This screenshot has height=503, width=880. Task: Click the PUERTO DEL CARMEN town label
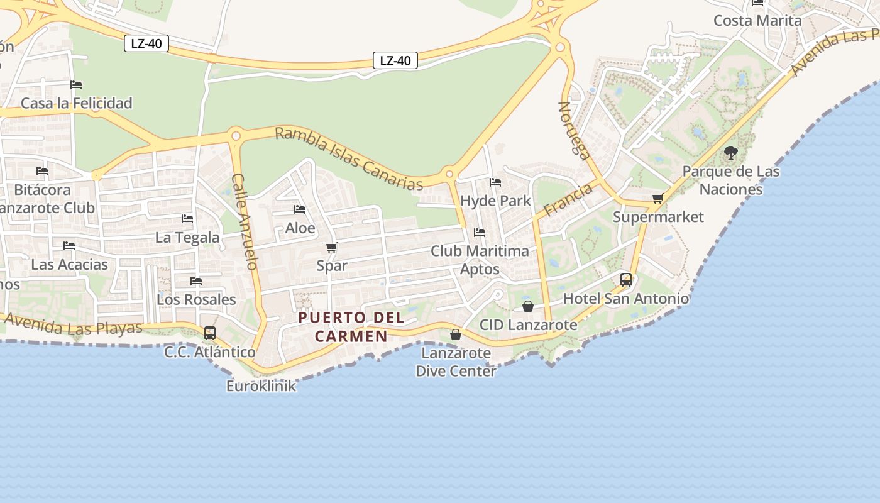[351, 327]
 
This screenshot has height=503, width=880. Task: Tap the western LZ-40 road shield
[146, 44]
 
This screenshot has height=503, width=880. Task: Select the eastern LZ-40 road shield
[395, 60]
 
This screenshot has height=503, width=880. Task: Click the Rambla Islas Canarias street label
[349, 158]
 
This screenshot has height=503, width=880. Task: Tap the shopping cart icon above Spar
[332, 248]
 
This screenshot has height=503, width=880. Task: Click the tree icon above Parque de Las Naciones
[730, 153]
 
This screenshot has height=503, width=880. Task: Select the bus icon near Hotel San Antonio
[626, 280]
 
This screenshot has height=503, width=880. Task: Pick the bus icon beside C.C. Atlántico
[210, 333]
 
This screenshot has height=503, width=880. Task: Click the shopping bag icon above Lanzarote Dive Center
[456, 334]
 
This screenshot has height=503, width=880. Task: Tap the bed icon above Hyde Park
[495, 182]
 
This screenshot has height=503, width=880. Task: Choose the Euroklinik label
[261, 386]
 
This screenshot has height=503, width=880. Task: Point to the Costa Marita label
[757, 21]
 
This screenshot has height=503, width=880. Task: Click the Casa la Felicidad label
[77, 103]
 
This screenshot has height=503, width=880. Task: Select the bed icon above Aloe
[300, 209]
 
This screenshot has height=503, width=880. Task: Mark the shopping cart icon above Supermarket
[658, 199]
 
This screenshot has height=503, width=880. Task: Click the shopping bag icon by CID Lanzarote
[528, 306]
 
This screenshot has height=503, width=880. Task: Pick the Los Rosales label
[196, 299]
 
